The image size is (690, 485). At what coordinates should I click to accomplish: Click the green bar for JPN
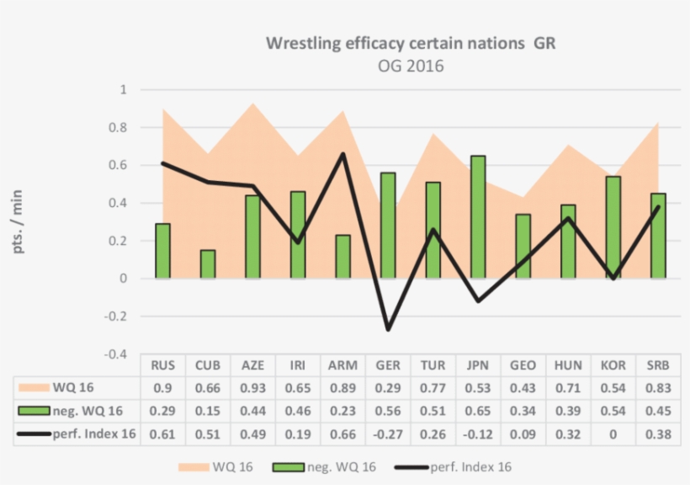478,217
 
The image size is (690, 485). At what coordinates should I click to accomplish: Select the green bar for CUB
207,264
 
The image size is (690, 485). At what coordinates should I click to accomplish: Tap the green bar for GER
388,226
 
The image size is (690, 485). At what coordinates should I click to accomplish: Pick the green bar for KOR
613,227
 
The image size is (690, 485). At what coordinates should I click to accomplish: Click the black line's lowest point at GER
388,329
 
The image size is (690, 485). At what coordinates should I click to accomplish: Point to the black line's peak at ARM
342,154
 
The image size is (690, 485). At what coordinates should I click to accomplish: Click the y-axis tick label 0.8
122,128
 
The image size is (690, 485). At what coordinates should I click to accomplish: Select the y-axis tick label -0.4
119,354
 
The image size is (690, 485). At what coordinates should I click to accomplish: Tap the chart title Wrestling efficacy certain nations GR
410,42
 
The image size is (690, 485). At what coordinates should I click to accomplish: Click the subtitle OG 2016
410,65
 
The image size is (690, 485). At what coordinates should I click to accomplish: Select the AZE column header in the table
253,365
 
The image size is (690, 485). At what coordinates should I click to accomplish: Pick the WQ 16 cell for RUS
163,388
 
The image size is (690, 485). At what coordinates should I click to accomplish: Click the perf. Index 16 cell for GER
388,434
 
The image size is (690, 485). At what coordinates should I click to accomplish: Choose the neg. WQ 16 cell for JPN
478,411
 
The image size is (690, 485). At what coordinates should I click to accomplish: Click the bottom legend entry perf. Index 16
470,466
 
